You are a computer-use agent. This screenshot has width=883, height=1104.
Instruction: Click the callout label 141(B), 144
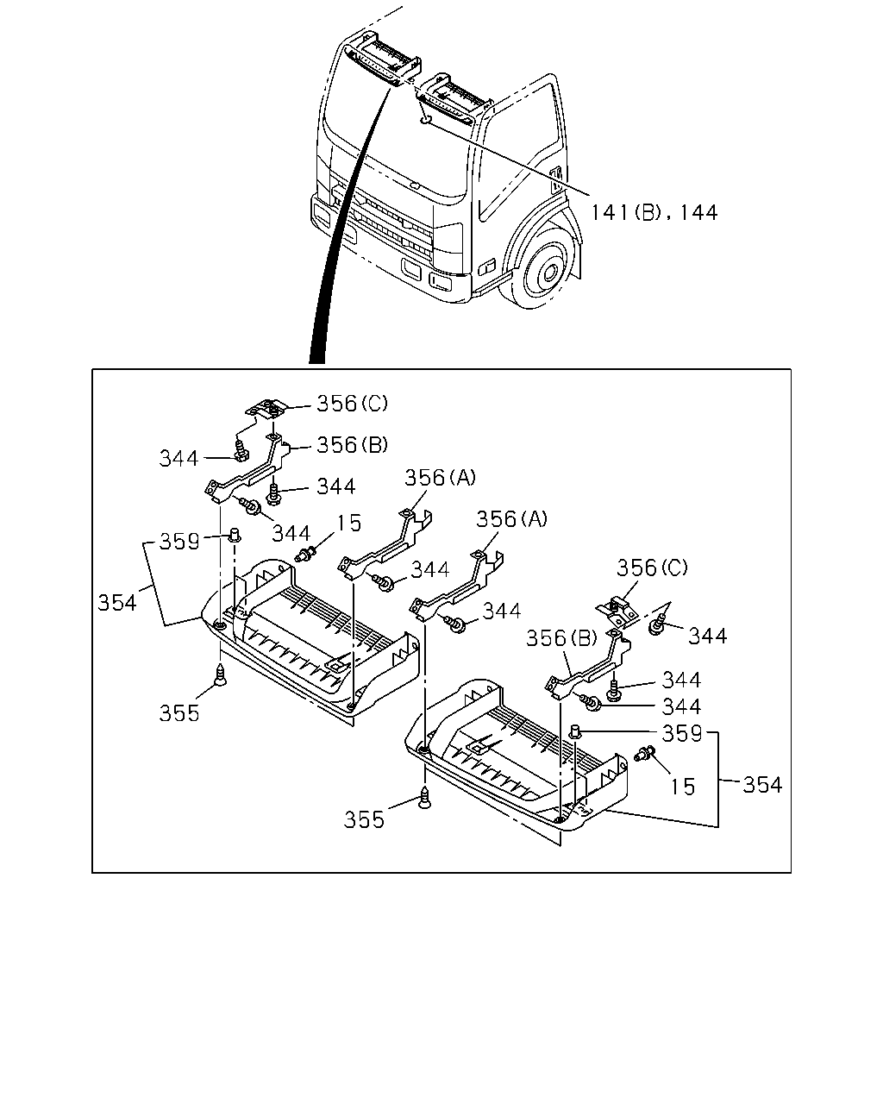click(x=654, y=212)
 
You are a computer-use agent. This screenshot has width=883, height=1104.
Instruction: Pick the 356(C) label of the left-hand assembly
click(x=352, y=404)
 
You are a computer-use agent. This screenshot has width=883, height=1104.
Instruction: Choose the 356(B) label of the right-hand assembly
click(x=562, y=638)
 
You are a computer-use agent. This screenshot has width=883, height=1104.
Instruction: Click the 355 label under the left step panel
click(x=179, y=713)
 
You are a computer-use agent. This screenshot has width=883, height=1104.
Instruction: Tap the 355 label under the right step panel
click(x=364, y=819)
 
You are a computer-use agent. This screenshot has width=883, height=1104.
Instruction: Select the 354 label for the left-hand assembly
click(x=117, y=603)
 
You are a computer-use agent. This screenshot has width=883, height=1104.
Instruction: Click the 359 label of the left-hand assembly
click(x=179, y=542)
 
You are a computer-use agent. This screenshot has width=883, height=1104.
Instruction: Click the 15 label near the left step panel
click(x=349, y=524)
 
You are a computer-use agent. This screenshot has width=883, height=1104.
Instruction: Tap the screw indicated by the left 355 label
click(x=220, y=674)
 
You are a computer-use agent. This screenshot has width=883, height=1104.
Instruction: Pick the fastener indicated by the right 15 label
click(x=645, y=754)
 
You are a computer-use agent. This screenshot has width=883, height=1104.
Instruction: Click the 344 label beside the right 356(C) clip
click(x=708, y=637)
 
